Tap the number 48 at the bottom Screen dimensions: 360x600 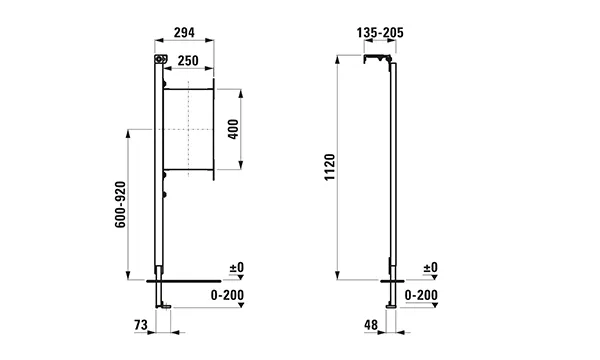369,325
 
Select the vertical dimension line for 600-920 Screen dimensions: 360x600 130,205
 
